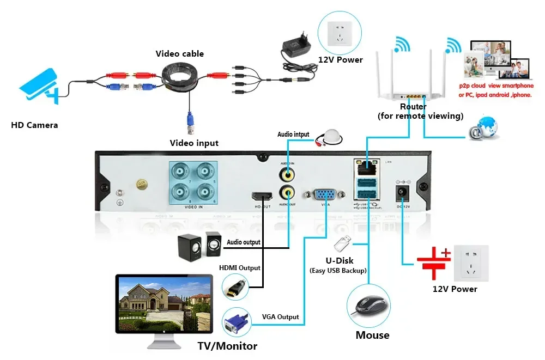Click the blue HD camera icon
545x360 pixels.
[39, 87]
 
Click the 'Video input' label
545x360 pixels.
[194, 143]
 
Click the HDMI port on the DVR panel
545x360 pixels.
[262, 196]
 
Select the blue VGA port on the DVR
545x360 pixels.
[326, 195]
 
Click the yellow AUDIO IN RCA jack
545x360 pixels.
[287, 175]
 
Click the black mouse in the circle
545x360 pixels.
[369, 305]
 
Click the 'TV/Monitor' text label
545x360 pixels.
[227, 346]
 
